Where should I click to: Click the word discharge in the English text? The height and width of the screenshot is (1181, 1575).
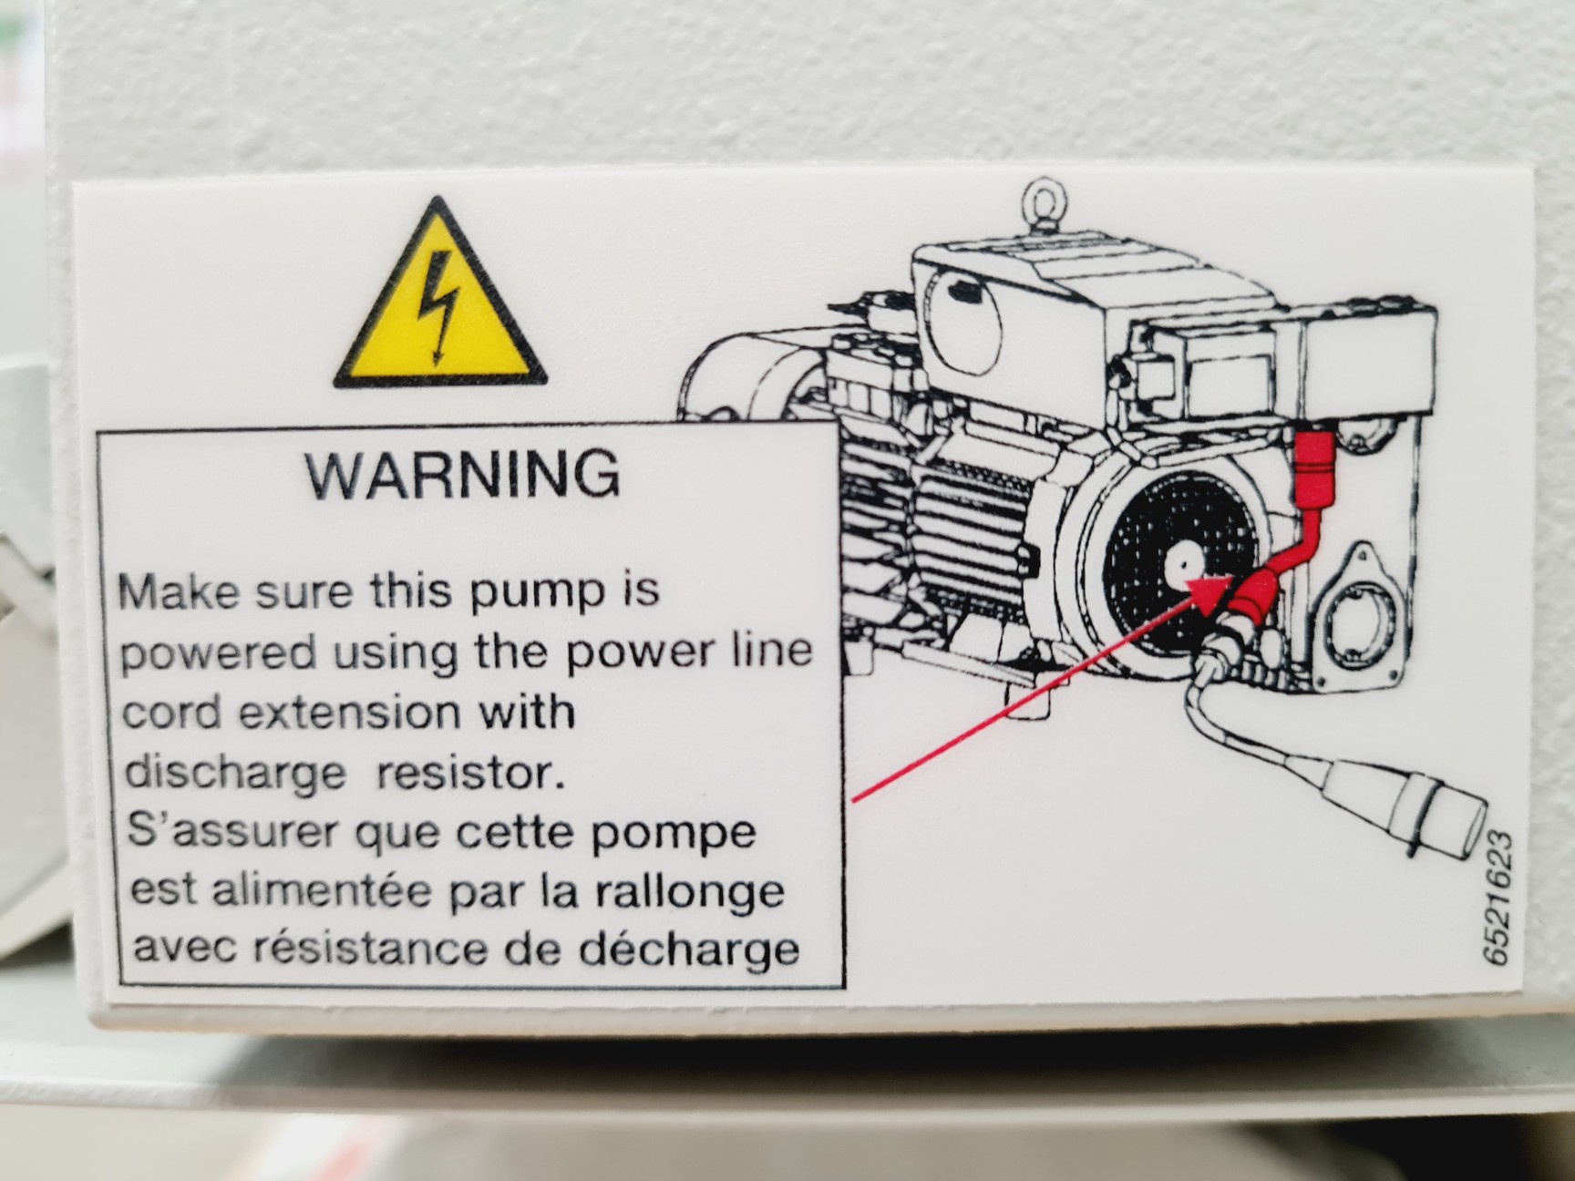click(x=234, y=775)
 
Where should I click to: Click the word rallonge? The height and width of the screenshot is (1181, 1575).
click(x=690, y=891)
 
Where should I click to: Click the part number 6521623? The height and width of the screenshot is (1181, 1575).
click(x=1497, y=898)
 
